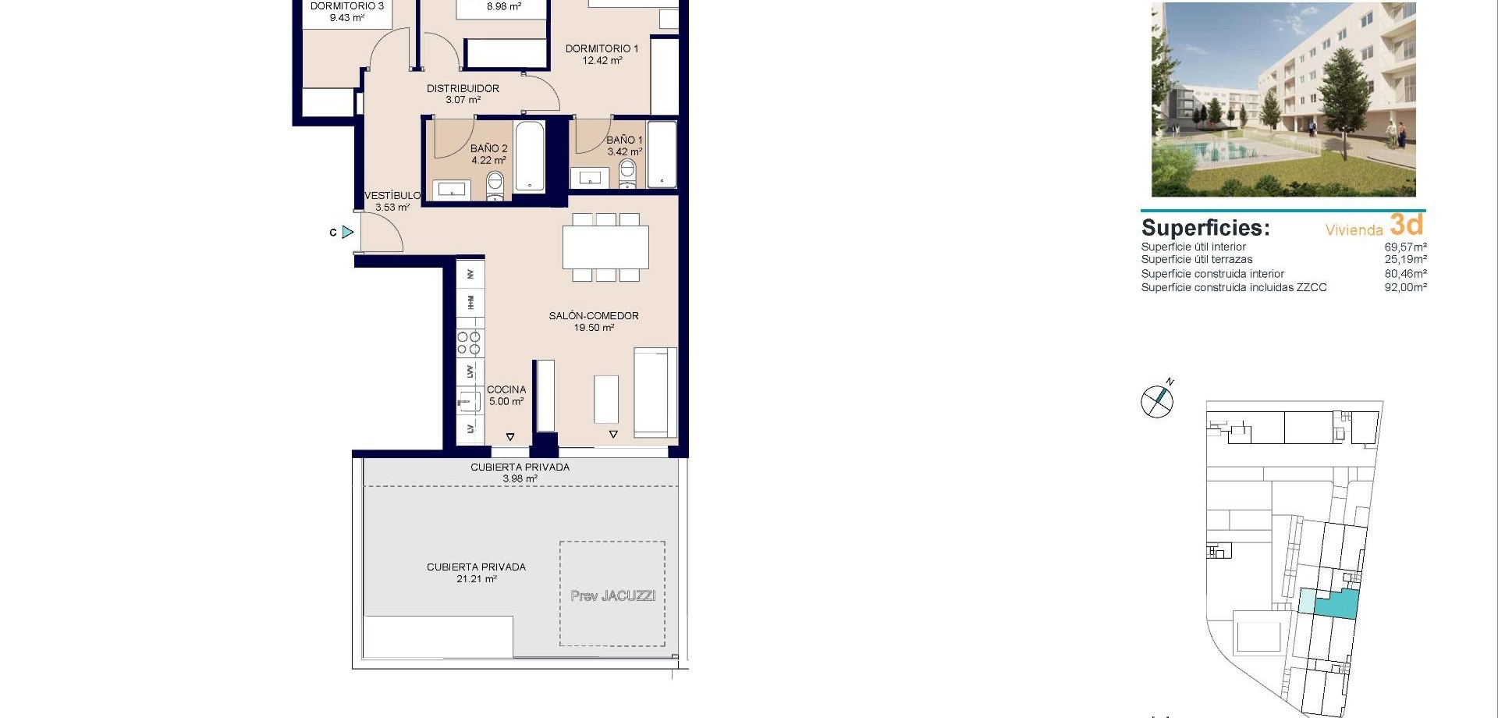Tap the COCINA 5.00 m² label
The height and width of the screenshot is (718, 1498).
click(x=506, y=395)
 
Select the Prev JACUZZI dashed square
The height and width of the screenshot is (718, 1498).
click(x=612, y=594)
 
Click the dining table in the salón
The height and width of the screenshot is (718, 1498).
click(x=605, y=247)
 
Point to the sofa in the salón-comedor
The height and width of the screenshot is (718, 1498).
click(x=655, y=392)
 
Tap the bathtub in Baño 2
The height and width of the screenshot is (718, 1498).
click(x=530, y=155)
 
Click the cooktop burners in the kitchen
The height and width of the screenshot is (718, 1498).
click(x=469, y=343)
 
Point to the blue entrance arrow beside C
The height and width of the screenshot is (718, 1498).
click(x=348, y=232)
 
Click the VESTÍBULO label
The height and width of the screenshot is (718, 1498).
click(x=392, y=201)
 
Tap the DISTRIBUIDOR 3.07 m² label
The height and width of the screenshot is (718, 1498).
click(x=463, y=94)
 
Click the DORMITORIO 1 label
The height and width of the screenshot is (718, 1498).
click(x=602, y=54)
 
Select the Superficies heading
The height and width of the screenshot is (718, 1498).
click(x=1205, y=228)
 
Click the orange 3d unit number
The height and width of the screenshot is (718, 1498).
click(x=1406, y=225)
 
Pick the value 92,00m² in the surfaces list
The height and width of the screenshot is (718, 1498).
click(x=1405, y=287)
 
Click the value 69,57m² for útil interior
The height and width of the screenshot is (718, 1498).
click(x=1405, y=247)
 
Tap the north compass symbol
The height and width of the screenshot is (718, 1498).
click(x=1157, y=401)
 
